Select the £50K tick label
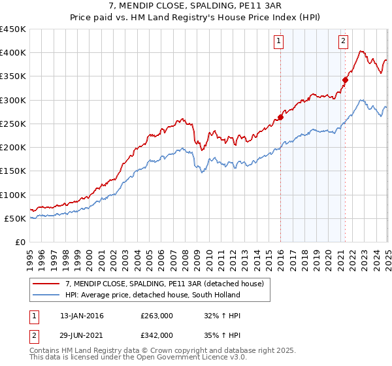(16, 218)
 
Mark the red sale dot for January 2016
(280, 118)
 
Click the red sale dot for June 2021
(345, 80)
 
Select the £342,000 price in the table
(157, 335)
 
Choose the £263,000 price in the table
(157, 316)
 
